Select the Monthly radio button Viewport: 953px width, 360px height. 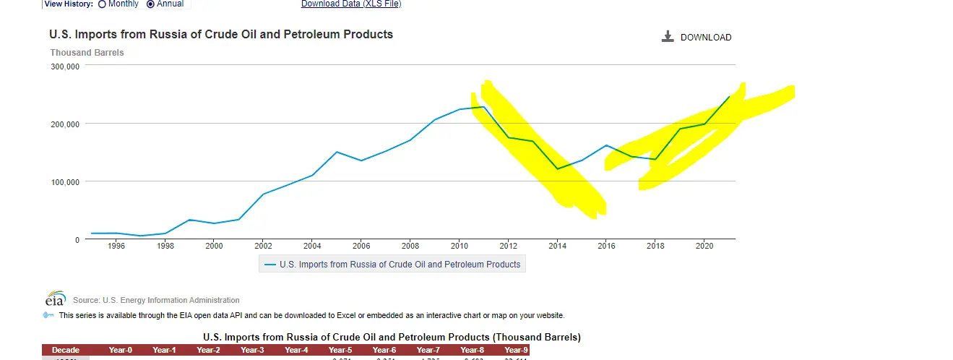[x=102, y=4]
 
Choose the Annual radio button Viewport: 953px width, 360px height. [x=150, y=4]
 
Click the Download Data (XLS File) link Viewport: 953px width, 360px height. [x=350, y=4]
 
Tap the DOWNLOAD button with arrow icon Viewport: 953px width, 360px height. [x=697, y=37]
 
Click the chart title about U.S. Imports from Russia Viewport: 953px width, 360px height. [x=221, y=34]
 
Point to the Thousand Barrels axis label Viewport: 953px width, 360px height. [x=87, y=53]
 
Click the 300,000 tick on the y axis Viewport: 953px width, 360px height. [x=65, y=66]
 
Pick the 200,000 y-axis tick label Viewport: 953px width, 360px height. [x=65, y=124]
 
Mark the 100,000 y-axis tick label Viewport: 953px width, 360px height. [x=65, y=181]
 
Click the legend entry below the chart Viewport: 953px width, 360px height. [x=392, y=265]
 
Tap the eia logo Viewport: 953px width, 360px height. [x=56, y=299]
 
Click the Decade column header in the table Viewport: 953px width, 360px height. [x=66, y=350]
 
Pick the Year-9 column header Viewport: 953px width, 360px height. [x=516, y=350]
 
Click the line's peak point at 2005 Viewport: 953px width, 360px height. [x=337, y=152]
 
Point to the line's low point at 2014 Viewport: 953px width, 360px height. [x=557, y=168]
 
